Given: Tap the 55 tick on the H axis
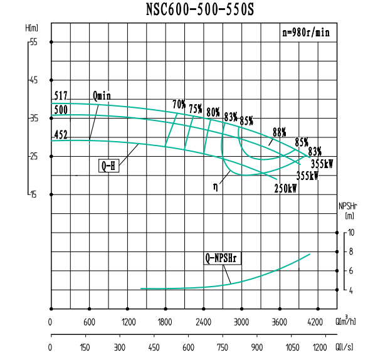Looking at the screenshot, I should click(33, 42).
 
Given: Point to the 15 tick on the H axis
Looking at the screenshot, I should click(33, 194).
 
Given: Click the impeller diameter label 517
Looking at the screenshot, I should click(61, 96).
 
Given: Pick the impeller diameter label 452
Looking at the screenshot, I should click(61, 135).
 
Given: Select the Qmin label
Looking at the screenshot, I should click(102, 96).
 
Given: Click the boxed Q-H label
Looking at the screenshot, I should click(108, 166).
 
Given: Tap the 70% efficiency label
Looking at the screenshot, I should click(179, 103).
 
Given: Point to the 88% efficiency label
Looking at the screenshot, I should click(279, 132).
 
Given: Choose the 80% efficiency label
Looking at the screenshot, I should click(213, 112).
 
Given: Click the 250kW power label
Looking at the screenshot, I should click(285, 188).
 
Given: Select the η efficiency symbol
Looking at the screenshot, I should click(216, 186).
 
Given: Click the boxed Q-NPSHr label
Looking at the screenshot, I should click(223, 257).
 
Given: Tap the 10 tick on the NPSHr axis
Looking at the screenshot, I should click(352, 233).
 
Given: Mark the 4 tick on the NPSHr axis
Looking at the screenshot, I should click(352, 290).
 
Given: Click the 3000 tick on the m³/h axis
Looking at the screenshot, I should click(241, 322).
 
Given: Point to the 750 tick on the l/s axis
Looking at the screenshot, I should click(223, 347).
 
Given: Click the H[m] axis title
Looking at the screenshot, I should click(32, 28).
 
